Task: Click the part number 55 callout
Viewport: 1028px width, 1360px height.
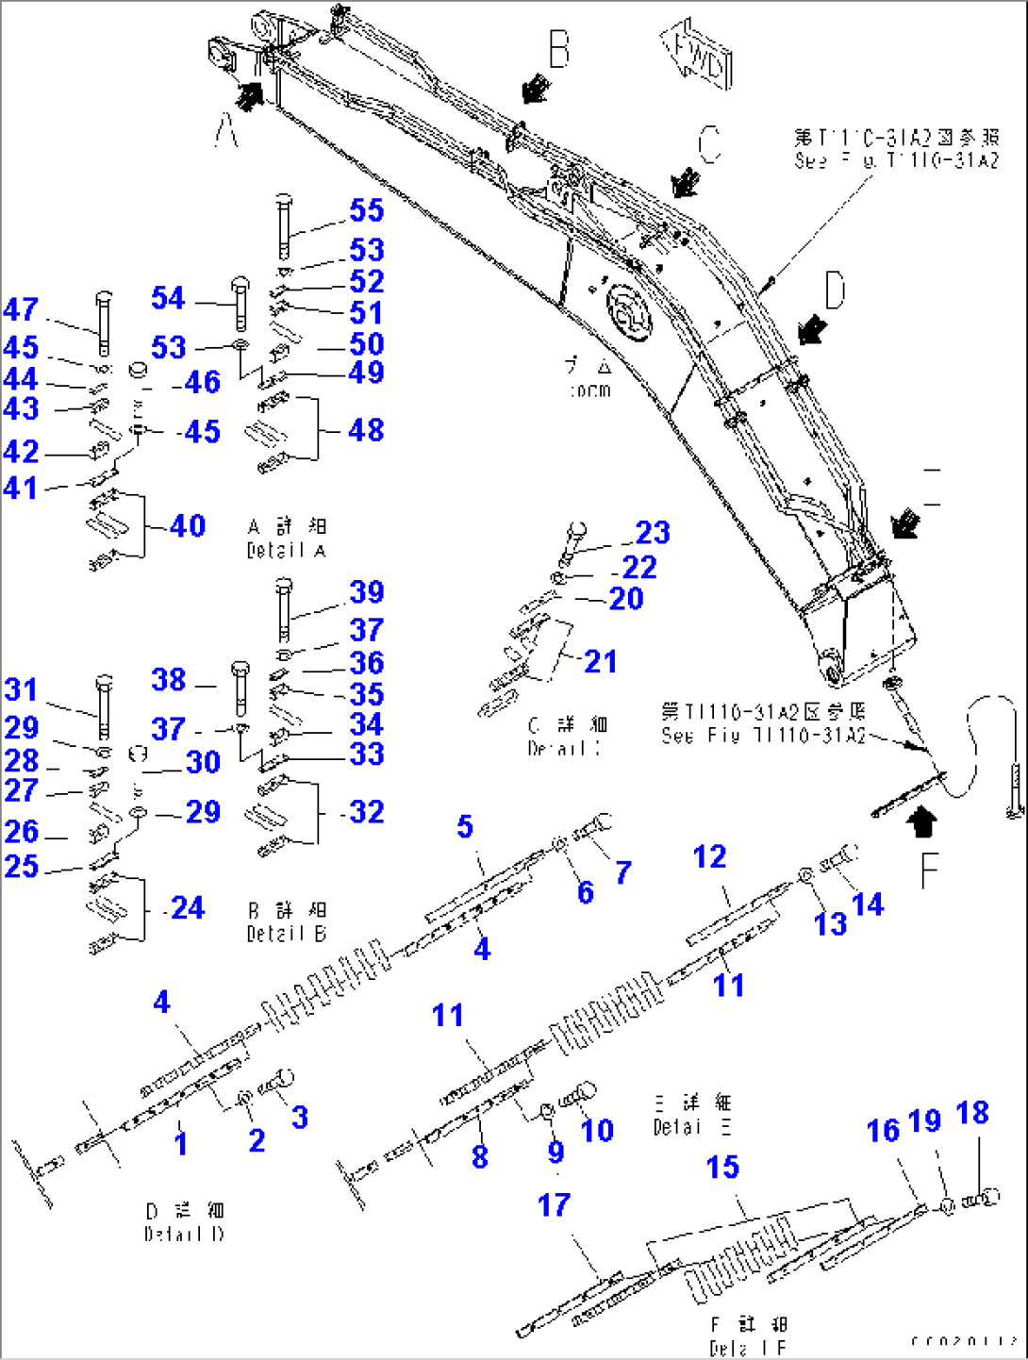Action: tap(366, 210)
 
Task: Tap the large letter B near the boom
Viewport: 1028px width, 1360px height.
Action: tap(558, 49)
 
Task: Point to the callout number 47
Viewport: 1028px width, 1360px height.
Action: tap(21, 309)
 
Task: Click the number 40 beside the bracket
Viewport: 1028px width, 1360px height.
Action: tap(188, 525)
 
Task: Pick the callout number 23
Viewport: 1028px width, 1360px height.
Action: tap(652, 533)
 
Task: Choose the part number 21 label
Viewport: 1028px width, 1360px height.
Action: tap(600, 661)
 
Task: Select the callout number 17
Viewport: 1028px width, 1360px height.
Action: tap(554, 1204)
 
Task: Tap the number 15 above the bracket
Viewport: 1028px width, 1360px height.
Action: tap(722, 1167)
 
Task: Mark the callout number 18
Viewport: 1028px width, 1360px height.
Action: tap(972, 1113)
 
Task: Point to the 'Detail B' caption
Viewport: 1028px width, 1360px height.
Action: tap(286, 934)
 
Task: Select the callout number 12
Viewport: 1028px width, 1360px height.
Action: tap(709, 856)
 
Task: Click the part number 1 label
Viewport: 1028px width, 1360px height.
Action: tap(180, 1143)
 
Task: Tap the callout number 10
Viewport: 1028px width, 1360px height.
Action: tap(596, 1130)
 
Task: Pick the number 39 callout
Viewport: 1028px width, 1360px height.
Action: tap(366, 592)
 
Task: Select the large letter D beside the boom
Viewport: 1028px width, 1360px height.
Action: tap(835, 290)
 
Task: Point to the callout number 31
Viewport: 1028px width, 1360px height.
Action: tap(21, 689)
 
